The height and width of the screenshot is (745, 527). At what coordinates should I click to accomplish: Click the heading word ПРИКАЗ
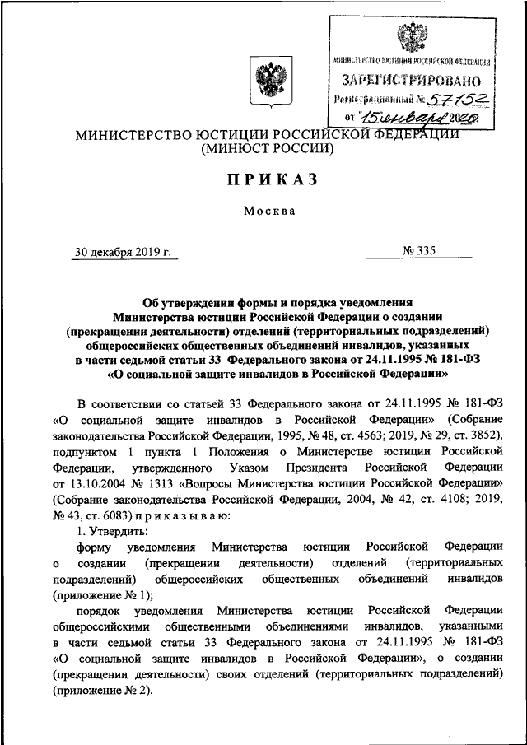click(x=268, y=180)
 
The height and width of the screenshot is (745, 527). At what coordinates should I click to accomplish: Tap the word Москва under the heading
click(x=269, y=211)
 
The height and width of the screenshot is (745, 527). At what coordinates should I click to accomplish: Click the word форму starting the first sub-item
click(x=96, y=547)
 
